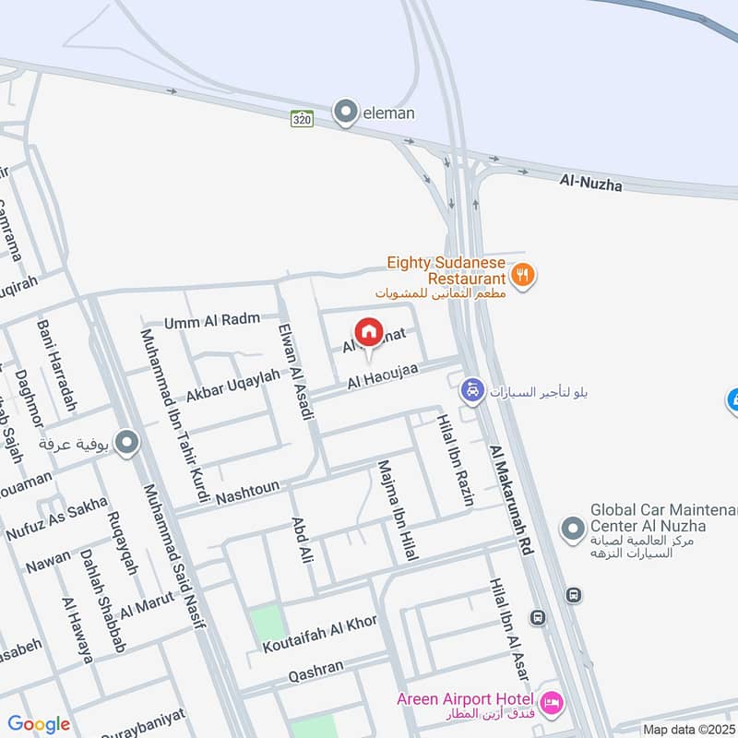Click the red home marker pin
point(368,333)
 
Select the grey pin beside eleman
point(346,113)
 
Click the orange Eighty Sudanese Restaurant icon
point(523,274)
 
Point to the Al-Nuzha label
point(590,184)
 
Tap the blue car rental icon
point(472,391)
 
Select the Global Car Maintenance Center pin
point(573,529)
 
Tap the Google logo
point(39,725)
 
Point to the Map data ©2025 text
point(689,730)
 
